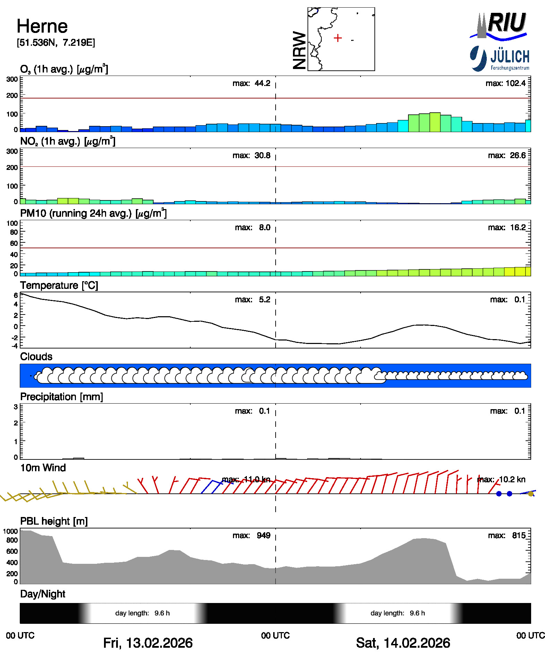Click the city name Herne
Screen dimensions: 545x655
(42, 26)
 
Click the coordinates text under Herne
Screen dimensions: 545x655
(56, 43)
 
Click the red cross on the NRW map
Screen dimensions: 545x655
(338, 38)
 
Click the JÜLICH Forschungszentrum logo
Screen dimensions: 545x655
(500, 59)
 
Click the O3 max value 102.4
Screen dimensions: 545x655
(516, 83)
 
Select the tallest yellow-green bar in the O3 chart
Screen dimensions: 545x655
(435, 122)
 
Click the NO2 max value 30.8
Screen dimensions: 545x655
(262, 155)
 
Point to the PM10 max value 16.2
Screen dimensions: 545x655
(518, 227)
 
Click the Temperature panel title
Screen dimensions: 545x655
(59, 285)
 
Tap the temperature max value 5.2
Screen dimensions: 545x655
(265, 299)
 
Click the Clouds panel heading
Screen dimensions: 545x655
(36, 356)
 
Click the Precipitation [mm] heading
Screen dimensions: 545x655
(61, 397)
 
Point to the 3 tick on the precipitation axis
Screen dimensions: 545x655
(16, 407)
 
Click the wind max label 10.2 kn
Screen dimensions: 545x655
(512, 480)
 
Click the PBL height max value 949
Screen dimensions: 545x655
(263, 535)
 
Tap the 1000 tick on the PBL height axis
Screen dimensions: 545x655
(10, 531)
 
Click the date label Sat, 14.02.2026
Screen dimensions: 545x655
(403, 643)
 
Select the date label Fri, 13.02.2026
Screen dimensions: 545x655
(148, 643)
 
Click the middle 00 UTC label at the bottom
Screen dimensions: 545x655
(275, 635)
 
